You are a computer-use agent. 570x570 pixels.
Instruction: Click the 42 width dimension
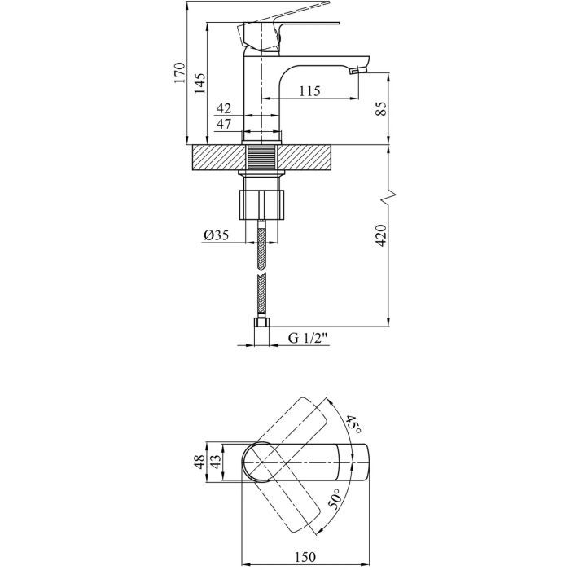(x=224, y=107)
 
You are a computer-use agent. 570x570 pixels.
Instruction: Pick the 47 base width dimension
(x=224, y=124)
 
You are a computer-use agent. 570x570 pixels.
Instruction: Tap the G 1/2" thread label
(x=307, y=340)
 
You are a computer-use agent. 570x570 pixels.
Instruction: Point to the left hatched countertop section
(x=216, y=157)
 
